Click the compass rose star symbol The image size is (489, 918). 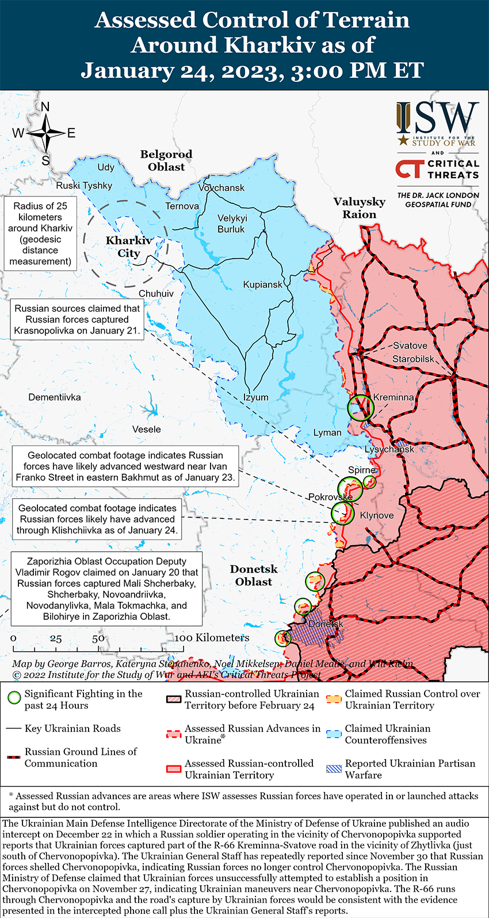click(45, 133)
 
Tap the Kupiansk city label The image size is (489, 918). click(262, 284)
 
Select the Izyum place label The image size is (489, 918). click(255, 397)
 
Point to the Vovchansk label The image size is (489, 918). click(221, 188)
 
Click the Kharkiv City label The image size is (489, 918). click(129, 246)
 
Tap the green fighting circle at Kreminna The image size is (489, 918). click(361, 408)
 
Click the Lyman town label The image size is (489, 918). click(327, 433)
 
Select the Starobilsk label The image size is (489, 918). click(413, 359)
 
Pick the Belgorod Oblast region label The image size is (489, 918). click(166, 161)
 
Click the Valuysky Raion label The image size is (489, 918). click(359, 208)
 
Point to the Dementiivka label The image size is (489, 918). click(55, 397)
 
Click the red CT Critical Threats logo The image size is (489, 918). click(409, 169)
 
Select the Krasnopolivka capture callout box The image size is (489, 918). click(77, 320)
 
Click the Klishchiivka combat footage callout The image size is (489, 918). click(97, 519)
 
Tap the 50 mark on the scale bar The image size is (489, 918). click(98, 638)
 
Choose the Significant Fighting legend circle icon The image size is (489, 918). click(14, 699)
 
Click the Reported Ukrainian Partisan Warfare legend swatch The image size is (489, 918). click(334, 769)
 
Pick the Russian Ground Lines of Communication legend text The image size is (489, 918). click(81, 757)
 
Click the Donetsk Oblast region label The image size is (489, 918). click(254, 575)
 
